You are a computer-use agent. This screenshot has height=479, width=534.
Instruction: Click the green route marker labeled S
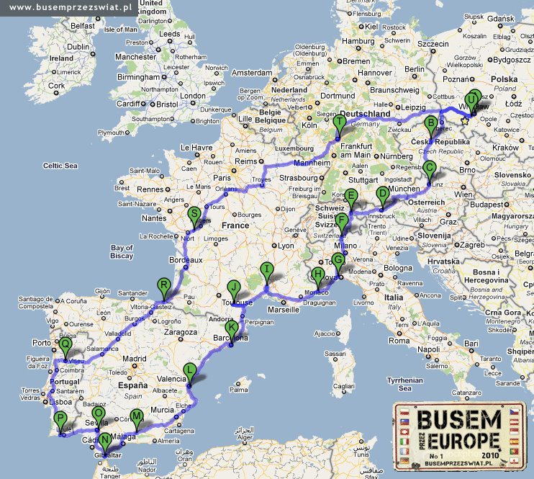[x=193, y=214]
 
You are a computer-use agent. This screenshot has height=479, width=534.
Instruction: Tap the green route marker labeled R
[x=164, y=285]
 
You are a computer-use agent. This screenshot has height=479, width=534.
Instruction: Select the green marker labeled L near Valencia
[x=190, y=370]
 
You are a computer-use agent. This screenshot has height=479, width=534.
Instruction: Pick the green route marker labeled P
[x=61, y=419]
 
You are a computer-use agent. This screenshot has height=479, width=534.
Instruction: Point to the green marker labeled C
[x=430, y=169]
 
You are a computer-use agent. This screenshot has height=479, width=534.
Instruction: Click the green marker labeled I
[x=267, y=270]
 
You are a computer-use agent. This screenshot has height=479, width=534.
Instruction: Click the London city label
[x=193, y=96]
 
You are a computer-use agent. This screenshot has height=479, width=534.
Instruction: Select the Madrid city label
[x=134, y=359]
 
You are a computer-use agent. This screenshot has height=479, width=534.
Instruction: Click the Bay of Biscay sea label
[x=122, y=251]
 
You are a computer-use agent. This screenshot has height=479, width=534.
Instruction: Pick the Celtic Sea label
[x=60, y=166]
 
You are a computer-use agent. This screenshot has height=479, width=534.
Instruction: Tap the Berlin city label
[x=415, y=69]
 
